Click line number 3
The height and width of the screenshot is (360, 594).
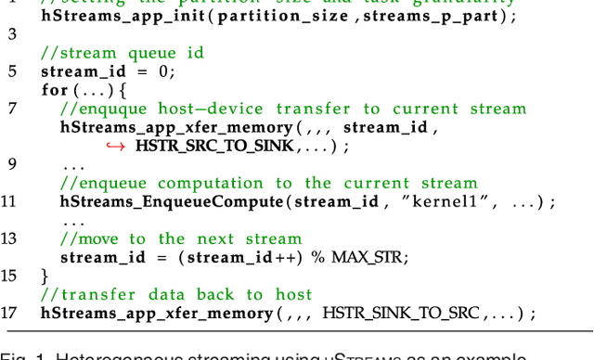click(x=12, y=34)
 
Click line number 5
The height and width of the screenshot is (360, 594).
click(x=12, y=71)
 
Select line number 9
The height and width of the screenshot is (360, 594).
click(x=12, y=164)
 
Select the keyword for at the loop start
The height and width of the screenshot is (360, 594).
click(x=55, y=90)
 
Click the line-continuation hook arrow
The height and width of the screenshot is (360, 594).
click(x=115, y=146)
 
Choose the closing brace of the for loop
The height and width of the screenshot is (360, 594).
click(x=45, y=276)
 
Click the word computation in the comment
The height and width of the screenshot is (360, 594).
click(x=211, y=183)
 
